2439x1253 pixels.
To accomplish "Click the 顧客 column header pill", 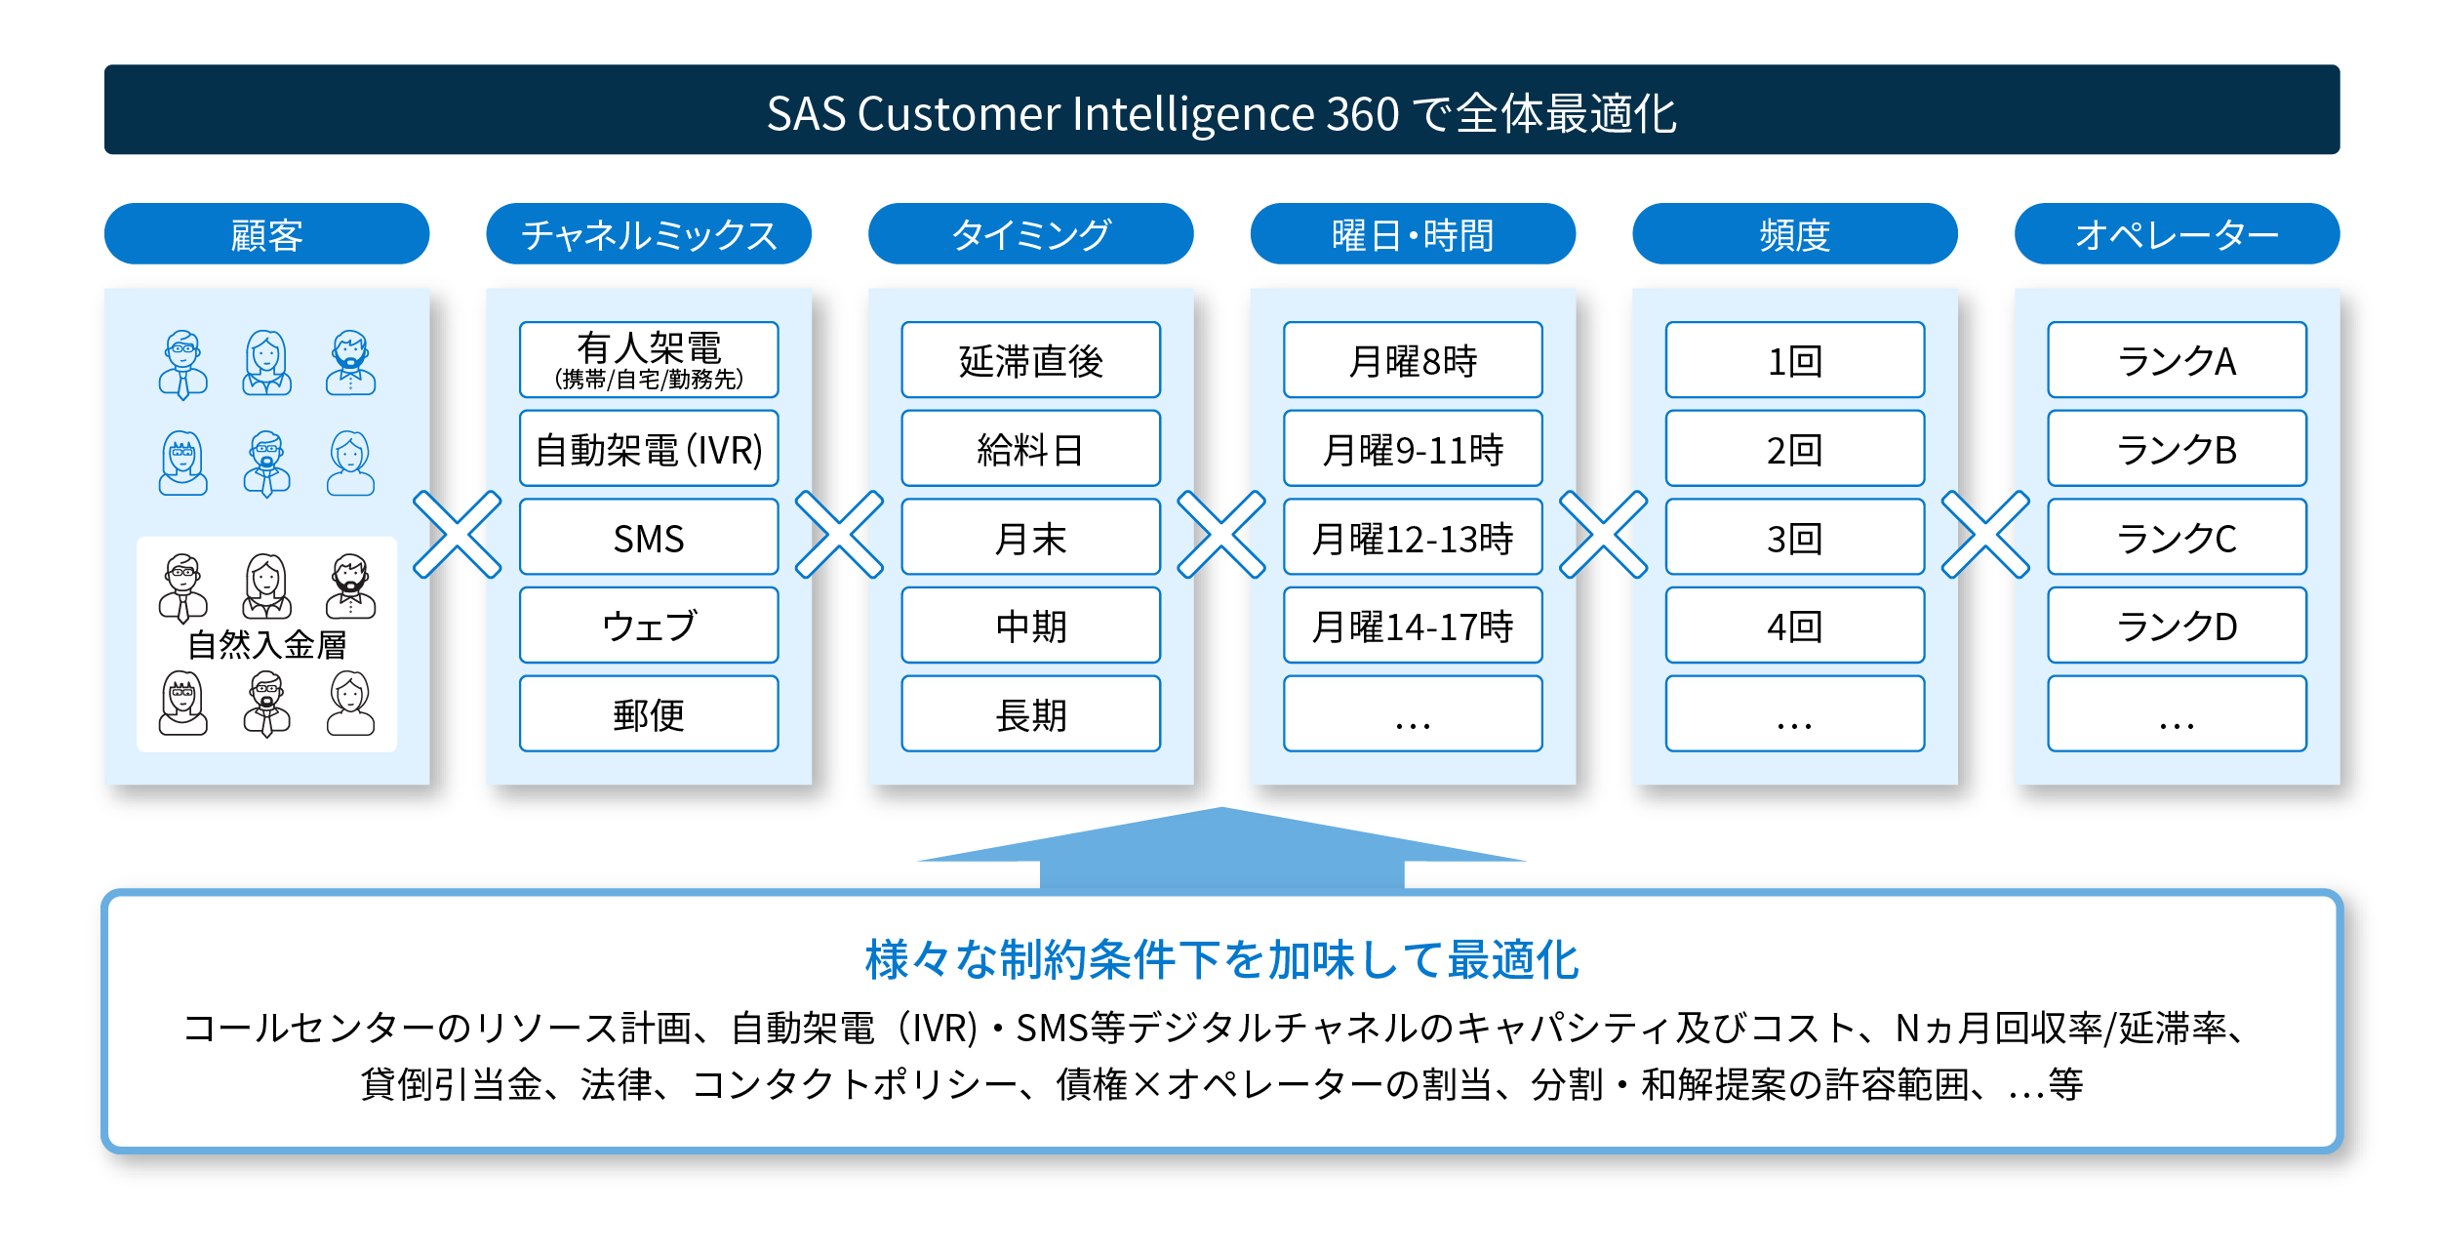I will click(266, 234).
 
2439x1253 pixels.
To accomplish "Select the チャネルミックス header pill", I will click(649, 234).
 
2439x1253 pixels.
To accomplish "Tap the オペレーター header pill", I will click(2177, 234).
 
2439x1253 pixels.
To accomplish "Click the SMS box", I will click(649, 538).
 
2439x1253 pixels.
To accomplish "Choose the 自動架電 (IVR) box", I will click(649, 449).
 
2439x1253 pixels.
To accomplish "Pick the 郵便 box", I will click(649, 714).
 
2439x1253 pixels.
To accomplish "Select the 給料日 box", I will click(1030, 449).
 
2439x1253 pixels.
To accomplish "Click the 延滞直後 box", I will click(1030, 360).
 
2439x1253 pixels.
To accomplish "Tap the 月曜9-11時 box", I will click(1413, 449).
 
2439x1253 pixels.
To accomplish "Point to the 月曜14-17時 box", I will click(1413, 626).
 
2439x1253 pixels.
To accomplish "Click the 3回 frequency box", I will click(1795, 538).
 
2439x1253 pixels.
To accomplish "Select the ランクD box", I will click(2177, 626).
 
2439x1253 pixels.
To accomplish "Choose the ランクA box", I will click(2177, 360).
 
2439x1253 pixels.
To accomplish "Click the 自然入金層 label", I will click(266, 645).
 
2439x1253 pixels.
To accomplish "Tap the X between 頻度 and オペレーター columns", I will click(1985, 535).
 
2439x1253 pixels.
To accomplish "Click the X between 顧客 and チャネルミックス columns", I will click(458, 535).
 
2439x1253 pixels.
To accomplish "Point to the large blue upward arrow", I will click(1221, 847).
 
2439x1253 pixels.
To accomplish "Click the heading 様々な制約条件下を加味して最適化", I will click(1221, 960).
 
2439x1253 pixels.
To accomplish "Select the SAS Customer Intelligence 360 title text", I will click(1221, 113).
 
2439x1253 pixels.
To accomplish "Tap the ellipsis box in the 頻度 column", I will click(1795, 714).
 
